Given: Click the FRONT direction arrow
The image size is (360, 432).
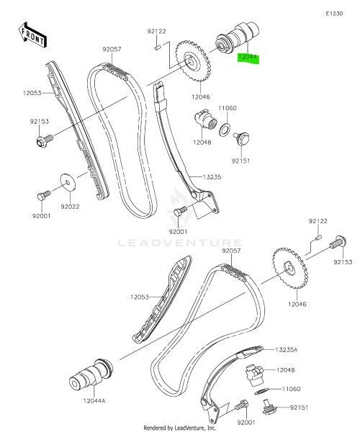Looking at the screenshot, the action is (x=32, y=35).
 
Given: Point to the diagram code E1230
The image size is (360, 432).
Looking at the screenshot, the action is (x=334, y=14).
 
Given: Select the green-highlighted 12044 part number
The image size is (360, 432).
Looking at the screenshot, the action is (x=248, y=57).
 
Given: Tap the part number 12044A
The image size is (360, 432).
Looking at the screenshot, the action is (x=94, y=400).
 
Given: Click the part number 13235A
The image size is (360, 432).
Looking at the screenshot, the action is (x=287, y=350).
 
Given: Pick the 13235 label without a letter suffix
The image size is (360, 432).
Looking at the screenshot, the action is (x=212, y=177).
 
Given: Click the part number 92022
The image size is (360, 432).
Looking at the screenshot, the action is (x=70, y=207).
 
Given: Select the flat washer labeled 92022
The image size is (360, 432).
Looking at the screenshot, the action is (x=68, y=182).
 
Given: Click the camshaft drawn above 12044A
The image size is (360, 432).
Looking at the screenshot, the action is (x=91, y=374).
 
